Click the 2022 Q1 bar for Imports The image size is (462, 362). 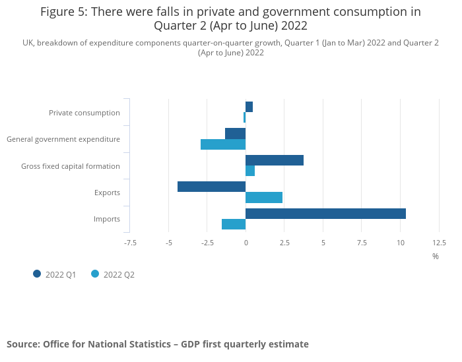click(x=325, y=214)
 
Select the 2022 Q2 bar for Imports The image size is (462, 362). click(x=234, y=224)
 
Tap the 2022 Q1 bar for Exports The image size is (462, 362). click(x=211, y=187)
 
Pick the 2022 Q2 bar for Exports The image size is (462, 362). click(x=264, y=198)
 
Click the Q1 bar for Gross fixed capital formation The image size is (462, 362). click(x=275, y=160)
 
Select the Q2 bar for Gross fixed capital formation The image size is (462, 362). click(x=250, y=171)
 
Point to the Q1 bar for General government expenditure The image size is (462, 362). click(x=235, y=133)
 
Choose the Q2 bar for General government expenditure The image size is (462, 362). click(x=223, y=144)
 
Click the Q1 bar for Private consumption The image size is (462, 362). click(x=249, y=107)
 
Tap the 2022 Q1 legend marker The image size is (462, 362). click(x=37, y=274)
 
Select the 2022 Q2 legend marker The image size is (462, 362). click(x=95, y=274)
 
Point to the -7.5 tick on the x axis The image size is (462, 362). click(x=130, y=243)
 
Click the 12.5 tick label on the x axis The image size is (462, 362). click(x=439, y=243)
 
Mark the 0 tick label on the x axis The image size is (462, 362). click(x=246, y=243)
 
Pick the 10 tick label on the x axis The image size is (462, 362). click(x=400, y=243)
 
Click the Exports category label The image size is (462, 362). click(x=107, y=193)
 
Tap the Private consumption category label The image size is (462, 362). click(x=84, y=113)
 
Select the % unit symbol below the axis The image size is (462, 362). click(x=436, y=256)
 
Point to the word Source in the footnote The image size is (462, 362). click(x=23, y=344)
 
